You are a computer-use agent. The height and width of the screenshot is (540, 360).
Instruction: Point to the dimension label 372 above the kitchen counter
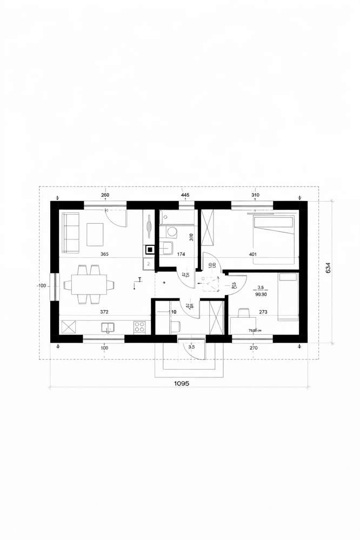click(106, 312)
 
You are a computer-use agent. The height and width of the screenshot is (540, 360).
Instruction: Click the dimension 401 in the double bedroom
click(253, 254)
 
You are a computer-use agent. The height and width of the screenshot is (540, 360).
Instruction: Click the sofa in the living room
click(70, 232)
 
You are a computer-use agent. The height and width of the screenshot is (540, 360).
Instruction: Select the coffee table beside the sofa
click(96, 233)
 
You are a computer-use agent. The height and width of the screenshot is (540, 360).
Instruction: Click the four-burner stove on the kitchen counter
click(139, 326)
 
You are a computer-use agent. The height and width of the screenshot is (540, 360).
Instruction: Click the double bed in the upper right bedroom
click(274, 238)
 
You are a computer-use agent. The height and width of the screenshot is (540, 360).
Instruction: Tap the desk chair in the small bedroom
click(244, 312)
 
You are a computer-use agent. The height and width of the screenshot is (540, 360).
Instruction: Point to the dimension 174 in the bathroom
click(182, 254)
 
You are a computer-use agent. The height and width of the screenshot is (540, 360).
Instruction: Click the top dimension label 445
click(185, 195)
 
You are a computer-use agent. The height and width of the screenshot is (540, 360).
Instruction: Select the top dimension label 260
click(105, 195)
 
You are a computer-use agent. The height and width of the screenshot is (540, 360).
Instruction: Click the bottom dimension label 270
click(254, 348)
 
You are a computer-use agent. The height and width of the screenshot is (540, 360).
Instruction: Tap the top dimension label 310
click(256, 195)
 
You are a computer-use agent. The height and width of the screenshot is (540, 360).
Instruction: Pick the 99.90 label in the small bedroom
click(261, 295)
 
